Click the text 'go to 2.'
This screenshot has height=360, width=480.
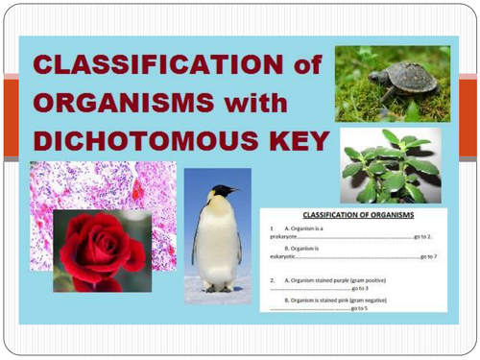[421, 235]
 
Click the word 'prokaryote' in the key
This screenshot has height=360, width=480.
[285, 235]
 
